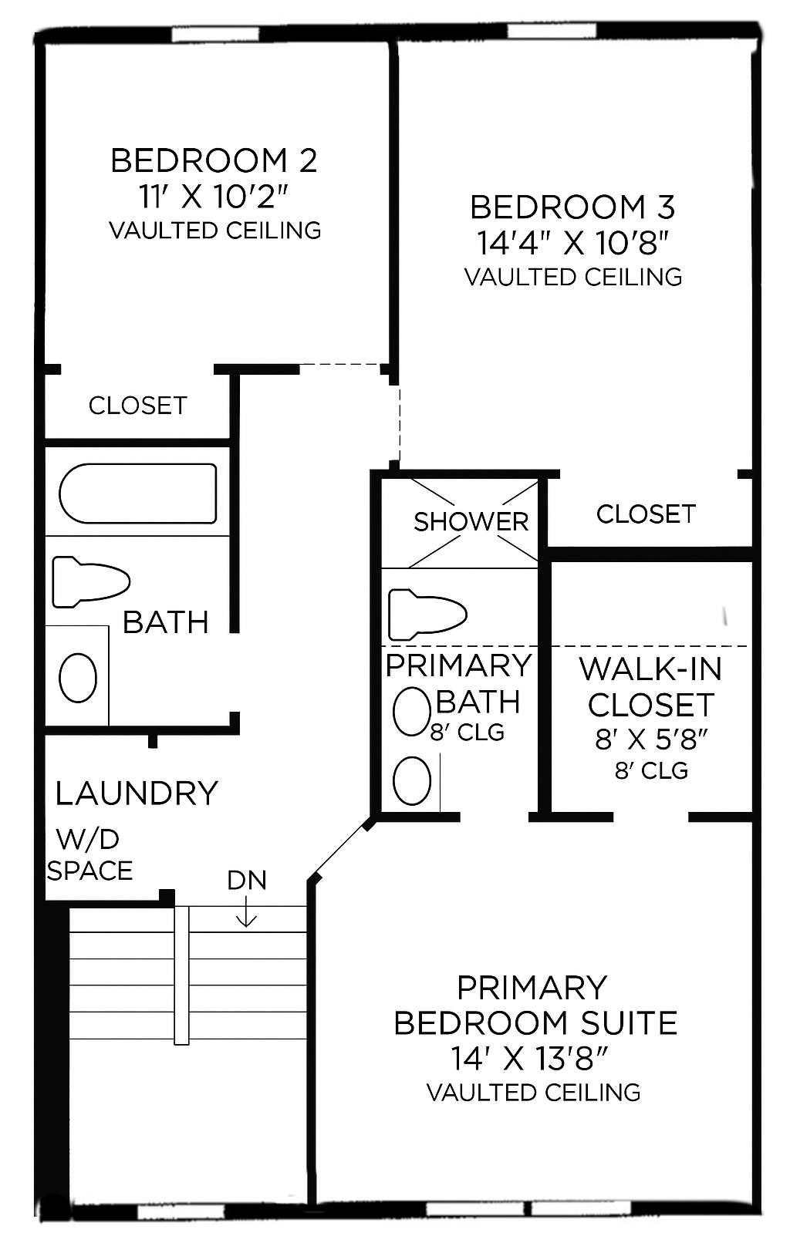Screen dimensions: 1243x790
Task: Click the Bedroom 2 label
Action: [x=214, y=160]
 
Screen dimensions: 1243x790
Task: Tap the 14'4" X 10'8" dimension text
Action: [x=572, y=243]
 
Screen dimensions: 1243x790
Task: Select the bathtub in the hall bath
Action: [x=137, y=493]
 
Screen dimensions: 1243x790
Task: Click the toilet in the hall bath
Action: [x=90, y=581]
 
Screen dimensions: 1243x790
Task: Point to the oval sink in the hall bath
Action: [x=78, y=678]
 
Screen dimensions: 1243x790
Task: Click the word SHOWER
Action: [x=471, y=522]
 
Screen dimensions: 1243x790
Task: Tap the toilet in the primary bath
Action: [x=427, y=615]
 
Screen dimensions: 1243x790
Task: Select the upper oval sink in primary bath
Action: [x=411, y=712]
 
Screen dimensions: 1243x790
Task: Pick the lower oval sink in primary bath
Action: [x=411, y=780]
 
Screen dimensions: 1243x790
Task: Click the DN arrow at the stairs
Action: [x=246, y=913]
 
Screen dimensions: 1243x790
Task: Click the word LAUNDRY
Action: [x=137, y=793]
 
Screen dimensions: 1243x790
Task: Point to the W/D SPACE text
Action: [x=89, y=855]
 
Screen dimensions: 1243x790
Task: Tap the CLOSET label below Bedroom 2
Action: [x=137, y=406]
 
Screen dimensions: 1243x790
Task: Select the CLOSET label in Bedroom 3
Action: [x=646, y=514]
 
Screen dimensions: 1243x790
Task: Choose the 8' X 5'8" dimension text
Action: [x=651, y=739]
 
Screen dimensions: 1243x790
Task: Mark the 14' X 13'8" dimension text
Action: [x=532, y=1059]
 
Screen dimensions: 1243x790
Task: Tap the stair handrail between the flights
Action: [x=181, y=975]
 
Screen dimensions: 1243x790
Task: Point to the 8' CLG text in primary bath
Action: [x=468, y=732]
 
